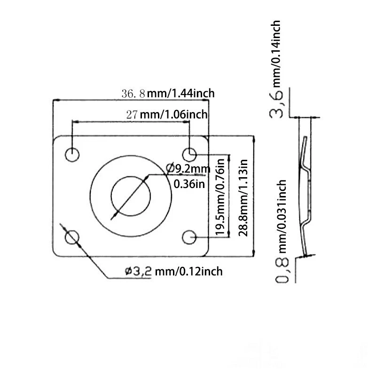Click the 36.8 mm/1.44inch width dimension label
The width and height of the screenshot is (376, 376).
(168, 93)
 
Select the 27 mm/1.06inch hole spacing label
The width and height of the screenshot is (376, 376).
(167, 114)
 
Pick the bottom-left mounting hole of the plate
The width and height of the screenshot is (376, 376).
(72, 237)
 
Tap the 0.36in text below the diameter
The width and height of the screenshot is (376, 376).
(189, 184)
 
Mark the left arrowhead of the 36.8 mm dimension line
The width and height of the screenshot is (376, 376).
(55, 100)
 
